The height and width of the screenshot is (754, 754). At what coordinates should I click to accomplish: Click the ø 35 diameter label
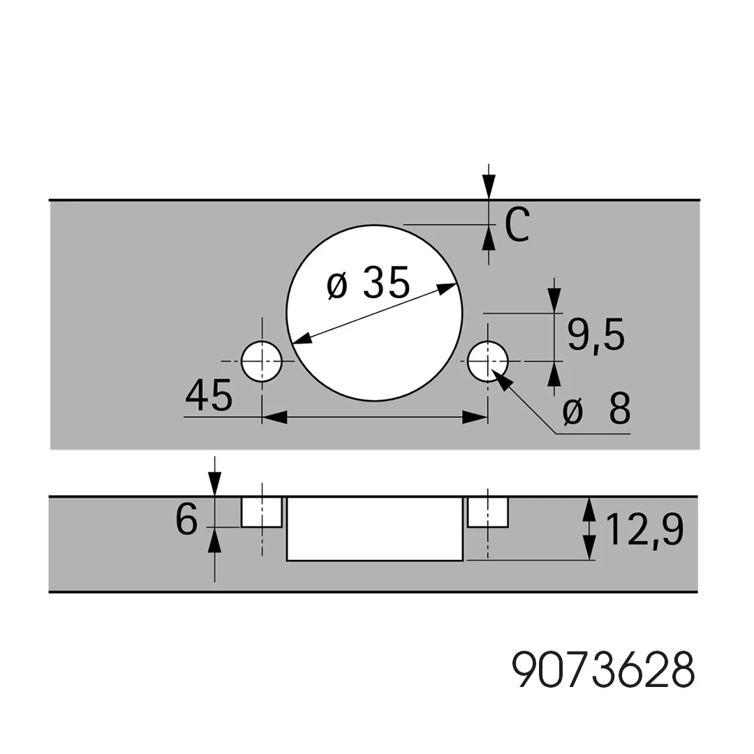tap(369, 283)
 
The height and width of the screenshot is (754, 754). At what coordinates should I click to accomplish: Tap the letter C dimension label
tap(517, 225)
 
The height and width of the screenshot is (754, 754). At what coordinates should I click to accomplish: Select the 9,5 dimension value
tap(596, 334)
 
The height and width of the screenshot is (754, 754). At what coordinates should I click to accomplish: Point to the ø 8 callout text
tap(596, 409)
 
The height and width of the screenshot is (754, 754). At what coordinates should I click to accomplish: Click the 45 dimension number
tap(209, 395)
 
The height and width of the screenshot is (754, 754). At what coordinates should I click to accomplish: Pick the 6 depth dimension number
tap(186, 520)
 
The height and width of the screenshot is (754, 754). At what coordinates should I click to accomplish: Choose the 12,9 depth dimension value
tap(644, 530)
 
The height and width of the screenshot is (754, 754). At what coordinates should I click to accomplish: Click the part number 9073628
tap(603, 670)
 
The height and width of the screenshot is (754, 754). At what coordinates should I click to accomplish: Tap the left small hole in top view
tap(262, 361)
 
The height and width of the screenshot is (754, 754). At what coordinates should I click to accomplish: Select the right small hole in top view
tap(487, 361)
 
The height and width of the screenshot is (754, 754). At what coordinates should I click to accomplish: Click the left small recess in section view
tap(262, 512)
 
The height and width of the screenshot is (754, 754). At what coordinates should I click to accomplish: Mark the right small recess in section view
tap(487, 512)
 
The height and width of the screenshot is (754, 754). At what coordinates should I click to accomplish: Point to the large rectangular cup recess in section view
tap(375, 529)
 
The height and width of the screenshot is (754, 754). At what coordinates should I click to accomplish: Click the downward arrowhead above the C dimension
tap(489, 186)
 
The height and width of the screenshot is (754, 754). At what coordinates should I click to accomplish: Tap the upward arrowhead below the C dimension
tap(489, 237)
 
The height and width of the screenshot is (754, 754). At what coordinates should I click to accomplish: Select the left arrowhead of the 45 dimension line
tap(274, 417)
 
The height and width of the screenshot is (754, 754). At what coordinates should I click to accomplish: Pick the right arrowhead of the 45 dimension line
tap(475, 417)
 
